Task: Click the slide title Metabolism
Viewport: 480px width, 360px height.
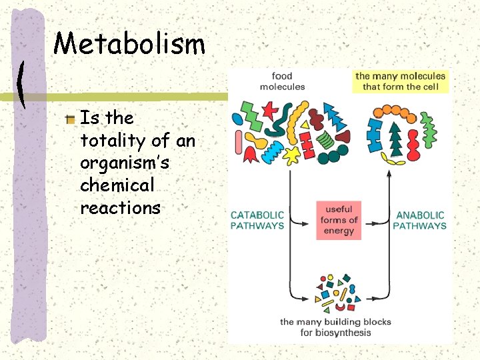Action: tap(129, 45)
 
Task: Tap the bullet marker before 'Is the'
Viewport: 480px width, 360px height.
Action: tap(71, 119)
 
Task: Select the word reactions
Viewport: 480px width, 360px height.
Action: tap(120, 208)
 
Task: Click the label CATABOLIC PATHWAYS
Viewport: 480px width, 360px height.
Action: tap(257, 221)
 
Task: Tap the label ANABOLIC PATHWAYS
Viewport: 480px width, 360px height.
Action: tap(420, 221)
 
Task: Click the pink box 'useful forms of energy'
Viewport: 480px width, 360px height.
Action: tap(339, 220)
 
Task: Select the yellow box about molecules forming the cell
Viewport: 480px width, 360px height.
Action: tap(400, 81)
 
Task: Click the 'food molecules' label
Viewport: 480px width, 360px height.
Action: tap(282, 81)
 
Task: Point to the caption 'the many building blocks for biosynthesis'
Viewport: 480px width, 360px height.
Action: tap(335, 327)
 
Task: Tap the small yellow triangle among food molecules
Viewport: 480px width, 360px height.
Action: tap(305, 124)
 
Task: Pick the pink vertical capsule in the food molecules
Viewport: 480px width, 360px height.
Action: tap(239, 142)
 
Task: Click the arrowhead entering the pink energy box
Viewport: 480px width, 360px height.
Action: tap(313, 221)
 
